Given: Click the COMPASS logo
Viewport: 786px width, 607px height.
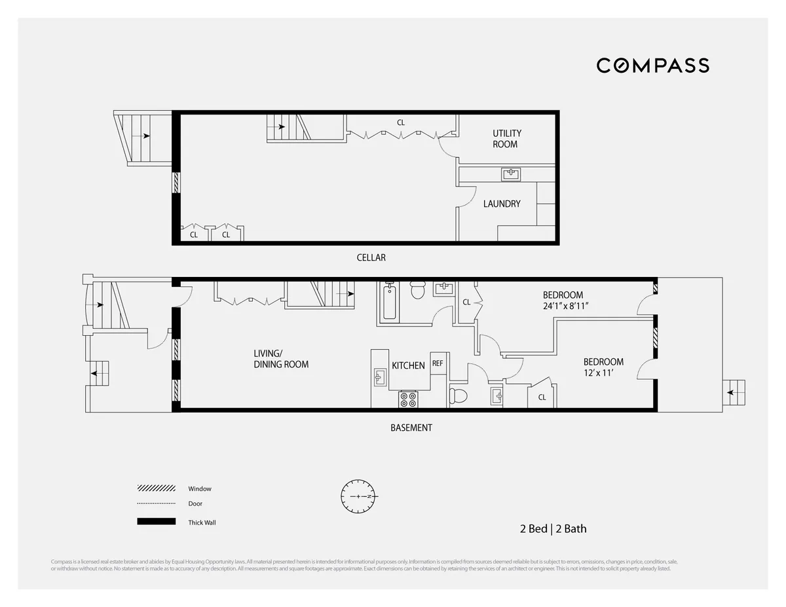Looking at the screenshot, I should click(x=652, y=65).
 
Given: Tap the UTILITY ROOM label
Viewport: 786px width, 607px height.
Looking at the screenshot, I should click(x=507, y=139).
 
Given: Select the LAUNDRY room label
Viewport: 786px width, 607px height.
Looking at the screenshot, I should click(x=502, y=204).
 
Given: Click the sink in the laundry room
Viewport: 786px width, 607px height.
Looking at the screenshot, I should click(x=511, y=174).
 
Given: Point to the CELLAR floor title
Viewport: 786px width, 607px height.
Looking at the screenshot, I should click(x=371, y=257).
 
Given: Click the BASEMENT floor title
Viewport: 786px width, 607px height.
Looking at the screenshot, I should click(x=411, y=428).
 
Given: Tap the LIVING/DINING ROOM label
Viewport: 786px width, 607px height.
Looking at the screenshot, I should click(x=281, y=359).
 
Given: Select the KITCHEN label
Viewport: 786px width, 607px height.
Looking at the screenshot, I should click(x=408, y=365).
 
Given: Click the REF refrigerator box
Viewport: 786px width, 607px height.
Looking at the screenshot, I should click(x=438, y=363).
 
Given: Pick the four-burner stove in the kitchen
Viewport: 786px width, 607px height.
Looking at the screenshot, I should click(x=408, y=399).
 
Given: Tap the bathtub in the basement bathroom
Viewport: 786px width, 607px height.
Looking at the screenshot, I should click(x=389, y=303).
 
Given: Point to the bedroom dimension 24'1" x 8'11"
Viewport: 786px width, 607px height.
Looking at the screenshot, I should click(x=567, y=305).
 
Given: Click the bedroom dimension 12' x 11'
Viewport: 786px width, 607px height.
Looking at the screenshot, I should click(x=603, y=373).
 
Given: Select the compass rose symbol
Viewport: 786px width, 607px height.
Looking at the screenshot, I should click(x=358, y=496).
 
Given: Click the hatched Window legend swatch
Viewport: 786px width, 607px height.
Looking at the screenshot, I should click(x=157, y=488).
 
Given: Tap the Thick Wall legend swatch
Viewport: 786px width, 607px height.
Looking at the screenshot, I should click(x=157, y=522).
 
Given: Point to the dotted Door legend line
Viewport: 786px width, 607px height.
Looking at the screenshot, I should click(x=157, y=504).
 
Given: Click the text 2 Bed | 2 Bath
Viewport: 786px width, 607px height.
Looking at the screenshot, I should click(x=549, y=528).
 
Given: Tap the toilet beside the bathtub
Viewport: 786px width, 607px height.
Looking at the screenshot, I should click(x=417, y=289).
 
